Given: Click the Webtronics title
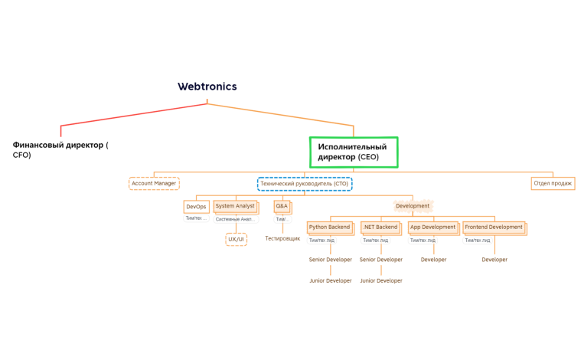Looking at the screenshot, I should click(x=207, y=87).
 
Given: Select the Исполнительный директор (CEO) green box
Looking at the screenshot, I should click(x=354, y=152).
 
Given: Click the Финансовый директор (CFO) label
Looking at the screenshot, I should click(x=60, y=149).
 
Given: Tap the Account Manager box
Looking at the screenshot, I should click(x=154, y=184).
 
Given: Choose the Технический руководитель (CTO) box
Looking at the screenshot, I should click(x=304, y=184).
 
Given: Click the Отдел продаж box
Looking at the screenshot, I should click(x=553, y=184).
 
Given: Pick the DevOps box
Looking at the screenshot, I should click(x=196, y=207).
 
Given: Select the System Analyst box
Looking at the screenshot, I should click(x=235, y=206).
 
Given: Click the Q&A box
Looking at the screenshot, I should click(x=282, y=206).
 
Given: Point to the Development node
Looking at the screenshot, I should click(x=413, y=206).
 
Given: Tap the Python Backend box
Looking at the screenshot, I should click(x=329, y=227).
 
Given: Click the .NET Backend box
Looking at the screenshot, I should click(x=380, y=227).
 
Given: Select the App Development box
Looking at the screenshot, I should click(x=432, y=227).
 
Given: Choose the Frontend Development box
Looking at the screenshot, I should click(x=494, y=227).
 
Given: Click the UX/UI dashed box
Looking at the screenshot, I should click(x=237, y=240).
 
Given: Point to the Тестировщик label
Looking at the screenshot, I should click(x=282, y=239).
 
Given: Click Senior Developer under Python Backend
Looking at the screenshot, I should click(x=330, y=260).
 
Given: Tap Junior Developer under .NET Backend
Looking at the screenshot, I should click(x=380, y=281).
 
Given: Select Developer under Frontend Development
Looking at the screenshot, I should click(x=495, y=260).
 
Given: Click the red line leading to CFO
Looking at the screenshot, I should click(x=130, y=114).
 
